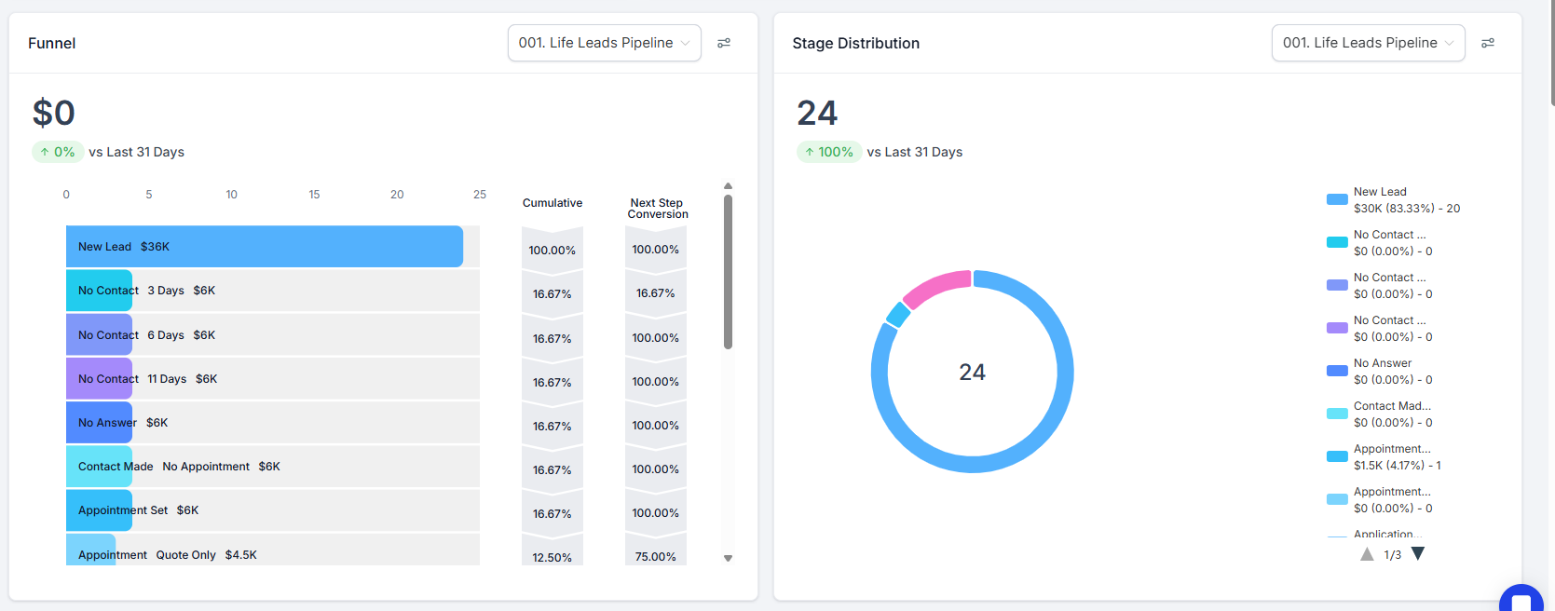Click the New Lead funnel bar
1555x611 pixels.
pos(265,247)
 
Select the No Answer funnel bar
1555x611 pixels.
pos(99,423)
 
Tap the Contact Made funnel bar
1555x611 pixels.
pos(99,467)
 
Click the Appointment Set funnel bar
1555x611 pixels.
pos(99,510)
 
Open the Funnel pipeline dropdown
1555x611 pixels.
pos(604,43)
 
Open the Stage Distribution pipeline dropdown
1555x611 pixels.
pos(1368,43)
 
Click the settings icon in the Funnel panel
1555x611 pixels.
pos(724,43)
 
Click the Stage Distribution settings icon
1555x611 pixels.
pos(1488,43)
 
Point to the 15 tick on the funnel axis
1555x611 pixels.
pos(314,195)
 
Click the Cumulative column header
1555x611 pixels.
pos(552,203)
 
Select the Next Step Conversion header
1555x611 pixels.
pos(657,209)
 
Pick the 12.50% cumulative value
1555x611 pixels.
pos(552,557)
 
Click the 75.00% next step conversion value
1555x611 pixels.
pos(656,557)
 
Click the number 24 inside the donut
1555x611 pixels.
pos(972,373)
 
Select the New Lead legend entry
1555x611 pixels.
pos(1393,200)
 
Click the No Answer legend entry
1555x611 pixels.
pos(1383,372)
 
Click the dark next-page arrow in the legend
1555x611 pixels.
pos(1418,554)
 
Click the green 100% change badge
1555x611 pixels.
pos(829,152)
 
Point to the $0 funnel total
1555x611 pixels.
pos(54,113)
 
